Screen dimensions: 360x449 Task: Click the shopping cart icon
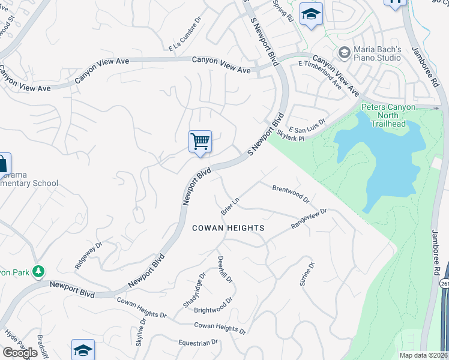point(200,142)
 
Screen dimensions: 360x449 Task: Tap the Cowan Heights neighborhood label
point(228,228)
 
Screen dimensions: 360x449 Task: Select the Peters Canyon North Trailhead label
point(388,115)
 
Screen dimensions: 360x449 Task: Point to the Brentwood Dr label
point(291,193)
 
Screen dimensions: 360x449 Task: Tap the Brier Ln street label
point(230,206)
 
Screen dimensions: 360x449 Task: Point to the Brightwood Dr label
point(214,305)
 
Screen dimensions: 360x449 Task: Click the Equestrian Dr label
point(198,343)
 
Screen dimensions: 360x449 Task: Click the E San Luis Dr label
point(307,125)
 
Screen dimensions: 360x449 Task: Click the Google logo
point(20,352)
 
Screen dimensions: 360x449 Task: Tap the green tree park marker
point(38,272)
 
